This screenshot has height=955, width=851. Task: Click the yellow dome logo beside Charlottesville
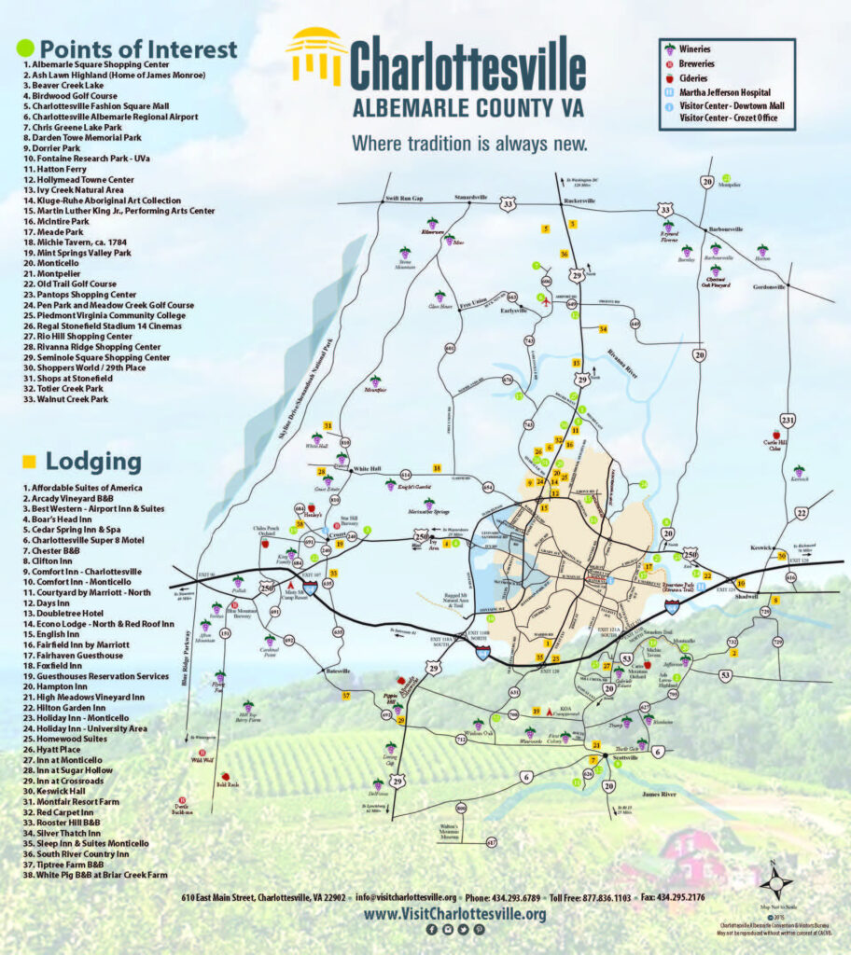pyautogui.click(x=315, y=55)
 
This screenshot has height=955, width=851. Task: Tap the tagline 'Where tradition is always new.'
pyautogui.click(x=469, y=144)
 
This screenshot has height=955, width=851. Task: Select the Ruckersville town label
pyautogui.click(x=580, y=201)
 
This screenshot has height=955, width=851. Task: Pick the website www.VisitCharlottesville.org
pyautogui.click(x=454, y=914)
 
